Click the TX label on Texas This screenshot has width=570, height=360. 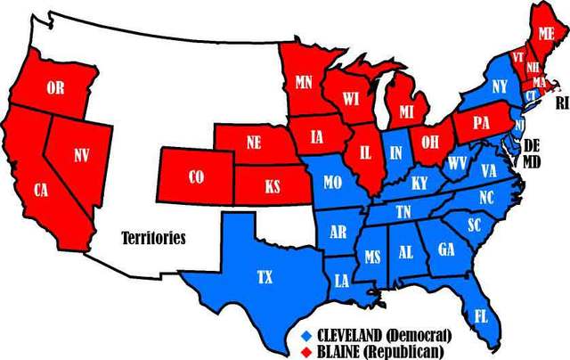point(265,277)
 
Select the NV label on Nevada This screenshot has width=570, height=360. point(82,155)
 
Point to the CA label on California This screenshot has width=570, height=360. point(41,190)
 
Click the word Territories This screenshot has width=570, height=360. point(153,238)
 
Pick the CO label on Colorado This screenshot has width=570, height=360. point(196,177)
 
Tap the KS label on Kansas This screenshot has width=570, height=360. point(272,188)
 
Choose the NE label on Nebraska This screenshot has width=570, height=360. point(253,142)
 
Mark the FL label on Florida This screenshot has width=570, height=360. point(481,315)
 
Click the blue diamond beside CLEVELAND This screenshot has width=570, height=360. point(306,334)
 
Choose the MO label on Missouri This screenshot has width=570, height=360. point(333,183)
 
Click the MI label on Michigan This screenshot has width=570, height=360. point(408,111)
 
